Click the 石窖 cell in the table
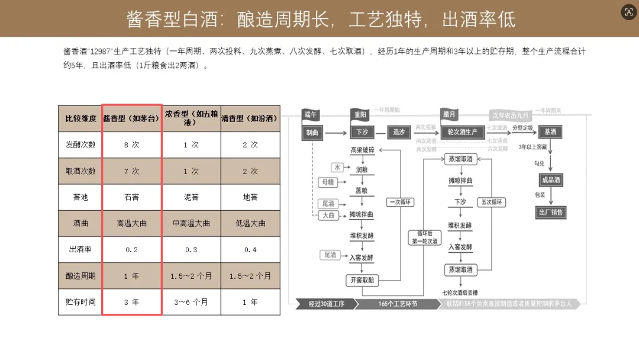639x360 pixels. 131,197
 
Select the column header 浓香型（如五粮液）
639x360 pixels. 191,118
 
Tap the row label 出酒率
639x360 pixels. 80,250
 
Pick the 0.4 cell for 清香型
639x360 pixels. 250,250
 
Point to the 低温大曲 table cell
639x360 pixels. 250,223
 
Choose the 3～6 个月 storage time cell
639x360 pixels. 191,302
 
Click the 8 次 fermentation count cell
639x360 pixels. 131,144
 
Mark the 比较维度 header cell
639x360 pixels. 80,118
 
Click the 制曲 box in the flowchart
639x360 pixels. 312,132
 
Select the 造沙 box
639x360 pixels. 399,132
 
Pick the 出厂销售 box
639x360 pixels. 550,212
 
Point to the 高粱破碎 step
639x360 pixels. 362,150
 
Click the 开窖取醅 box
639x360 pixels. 362,280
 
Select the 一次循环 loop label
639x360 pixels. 401,202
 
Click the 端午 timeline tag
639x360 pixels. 311,114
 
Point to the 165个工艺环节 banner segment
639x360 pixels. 398,304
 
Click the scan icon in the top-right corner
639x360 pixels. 628,13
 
